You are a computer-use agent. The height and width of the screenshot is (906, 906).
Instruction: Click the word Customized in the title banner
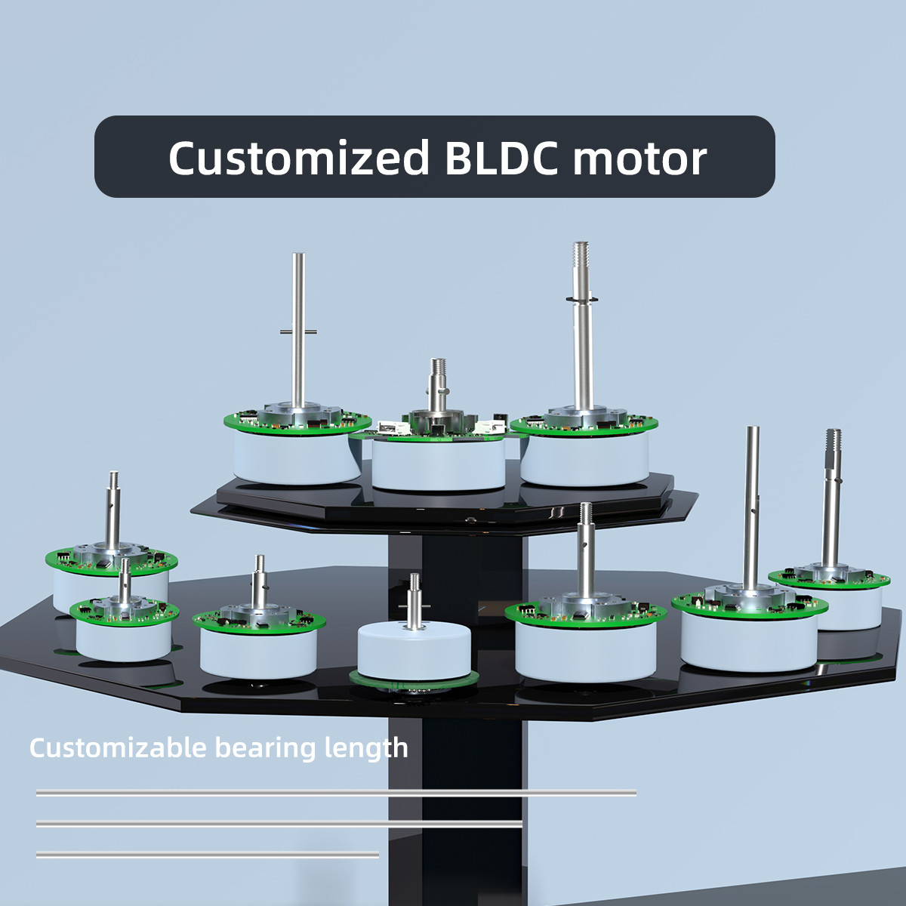[x=299, y=158]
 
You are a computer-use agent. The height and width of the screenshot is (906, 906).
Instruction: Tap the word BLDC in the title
[x=501, y=158]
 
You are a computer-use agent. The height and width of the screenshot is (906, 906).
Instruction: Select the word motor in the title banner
[x=640, y=159]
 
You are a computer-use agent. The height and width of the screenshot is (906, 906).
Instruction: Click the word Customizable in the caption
[x=118, y=747]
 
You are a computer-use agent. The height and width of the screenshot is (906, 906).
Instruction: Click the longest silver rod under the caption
[x=336, y=794]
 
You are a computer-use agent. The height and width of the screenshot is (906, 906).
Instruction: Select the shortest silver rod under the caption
[x=208, y=854]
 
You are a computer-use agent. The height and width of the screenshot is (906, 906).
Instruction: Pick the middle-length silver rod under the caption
[x=279, y=824]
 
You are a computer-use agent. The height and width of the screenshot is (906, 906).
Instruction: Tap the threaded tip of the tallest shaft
[x=581, y=254]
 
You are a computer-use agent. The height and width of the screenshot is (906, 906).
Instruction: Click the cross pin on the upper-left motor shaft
[x=298, y=332]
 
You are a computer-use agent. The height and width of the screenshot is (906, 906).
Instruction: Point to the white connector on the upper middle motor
[x=490, y=427]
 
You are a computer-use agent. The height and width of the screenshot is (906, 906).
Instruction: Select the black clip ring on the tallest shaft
[x=582, y=299]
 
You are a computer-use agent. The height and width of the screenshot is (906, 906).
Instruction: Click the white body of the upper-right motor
[x=585, y=459]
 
